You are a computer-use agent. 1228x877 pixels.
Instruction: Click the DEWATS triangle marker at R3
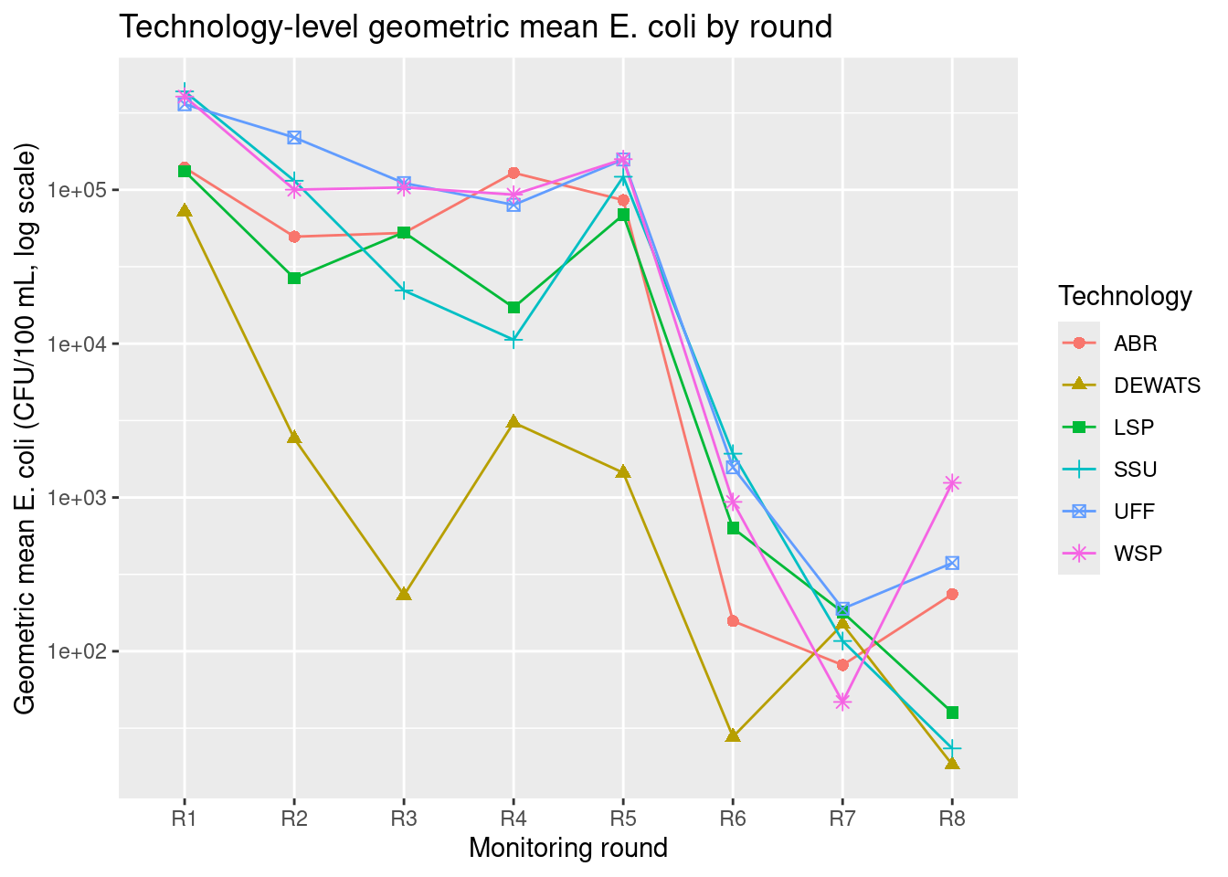(404, 594)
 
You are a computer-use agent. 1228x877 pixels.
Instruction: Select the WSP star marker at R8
(952, 483)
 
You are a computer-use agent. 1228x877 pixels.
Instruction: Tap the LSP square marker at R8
(952, 713)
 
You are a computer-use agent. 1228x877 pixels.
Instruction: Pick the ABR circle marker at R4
(513, 173)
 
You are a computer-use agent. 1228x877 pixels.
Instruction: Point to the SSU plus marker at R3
(404, 291)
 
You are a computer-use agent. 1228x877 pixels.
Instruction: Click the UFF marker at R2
(294, 137)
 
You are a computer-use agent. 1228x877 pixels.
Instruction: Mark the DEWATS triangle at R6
(733, 735)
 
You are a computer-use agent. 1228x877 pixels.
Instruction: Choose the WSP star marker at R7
(842, 702)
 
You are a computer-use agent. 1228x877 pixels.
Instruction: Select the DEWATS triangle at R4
(513, 421)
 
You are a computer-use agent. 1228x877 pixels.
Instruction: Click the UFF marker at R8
(952, 563)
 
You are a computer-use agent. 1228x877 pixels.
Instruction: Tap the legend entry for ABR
(1136, 343)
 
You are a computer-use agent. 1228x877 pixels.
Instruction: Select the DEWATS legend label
(1157, 386)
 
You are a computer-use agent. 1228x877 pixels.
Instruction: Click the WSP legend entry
(1138, 553)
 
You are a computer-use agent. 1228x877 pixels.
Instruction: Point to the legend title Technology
(1125, 296)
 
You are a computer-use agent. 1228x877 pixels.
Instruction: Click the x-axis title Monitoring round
(568, 848)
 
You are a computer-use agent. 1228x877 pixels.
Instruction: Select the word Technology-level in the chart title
(238, 27)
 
